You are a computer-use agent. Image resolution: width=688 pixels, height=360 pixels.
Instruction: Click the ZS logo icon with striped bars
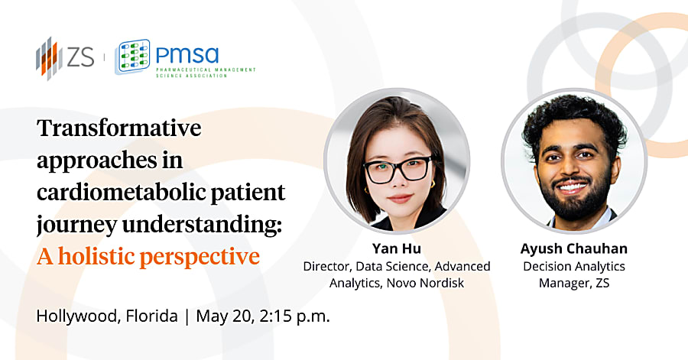pyautogui.click(x=47, y=58)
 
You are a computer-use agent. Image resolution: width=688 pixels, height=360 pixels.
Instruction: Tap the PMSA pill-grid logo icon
pyautogui.click(x=132, y=57)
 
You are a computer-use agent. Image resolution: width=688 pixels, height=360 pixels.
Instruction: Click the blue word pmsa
pyautogui.click(x=187, y=55)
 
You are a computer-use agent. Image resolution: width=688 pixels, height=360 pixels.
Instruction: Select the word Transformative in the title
pyautogui.click(x=119, y=128)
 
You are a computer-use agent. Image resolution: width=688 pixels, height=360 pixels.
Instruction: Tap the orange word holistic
pyautogui.click(x=96, y=257)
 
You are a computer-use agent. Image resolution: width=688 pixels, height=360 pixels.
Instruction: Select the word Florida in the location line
pyautogui.click(x=152, y=316)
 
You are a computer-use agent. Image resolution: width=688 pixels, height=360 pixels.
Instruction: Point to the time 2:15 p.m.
pyautogui.click(x=294, y=316)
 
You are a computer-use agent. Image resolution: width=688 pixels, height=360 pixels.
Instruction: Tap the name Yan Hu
pyautogui.click(x=397, y=248)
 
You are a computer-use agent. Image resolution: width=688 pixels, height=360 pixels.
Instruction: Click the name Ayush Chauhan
pyautogui.click(x=574, y=248)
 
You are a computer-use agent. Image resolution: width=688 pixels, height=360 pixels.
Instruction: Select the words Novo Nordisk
pyautogui.click(x=425, y=284)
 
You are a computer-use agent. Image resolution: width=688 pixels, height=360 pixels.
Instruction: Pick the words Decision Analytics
pyautogui.click(x=574, y=266)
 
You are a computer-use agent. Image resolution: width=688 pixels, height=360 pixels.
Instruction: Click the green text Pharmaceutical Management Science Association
pyautogui.click(x=206, y=73)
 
